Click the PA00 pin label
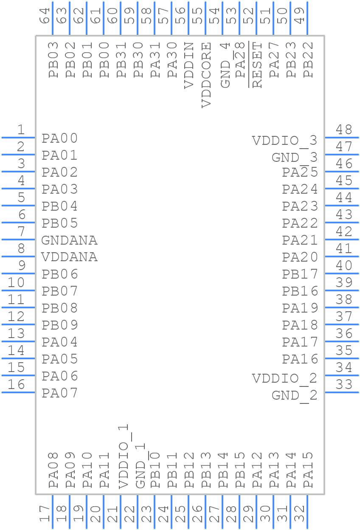[60, 138]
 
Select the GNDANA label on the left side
[69, 240]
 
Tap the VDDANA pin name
[69, 257]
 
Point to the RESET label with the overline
[257, 65]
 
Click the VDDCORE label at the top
[206, 75]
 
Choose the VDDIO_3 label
[284, 141]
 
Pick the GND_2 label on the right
[294, 396]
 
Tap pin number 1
[20, 130]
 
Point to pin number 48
[344, 130]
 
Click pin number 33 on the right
[344, 385]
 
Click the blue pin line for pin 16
[18, 392]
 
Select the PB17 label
[300, 274]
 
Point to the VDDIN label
[189, 65]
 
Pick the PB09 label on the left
[60, 325]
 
